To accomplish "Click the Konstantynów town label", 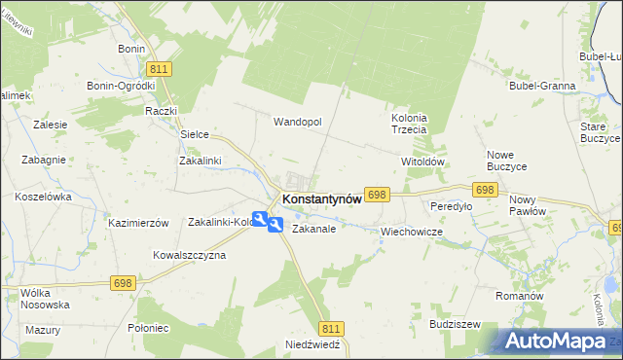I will (321, 198).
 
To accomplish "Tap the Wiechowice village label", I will (412, 233).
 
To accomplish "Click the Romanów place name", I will (518, 295).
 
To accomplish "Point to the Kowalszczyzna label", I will (189, 255).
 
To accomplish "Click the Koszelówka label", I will (44, 197).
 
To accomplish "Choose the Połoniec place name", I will (148, 328).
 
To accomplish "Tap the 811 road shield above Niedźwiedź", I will (331, 329).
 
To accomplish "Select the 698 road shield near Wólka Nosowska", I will (122, 283).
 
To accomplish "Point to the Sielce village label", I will (196, 134).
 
